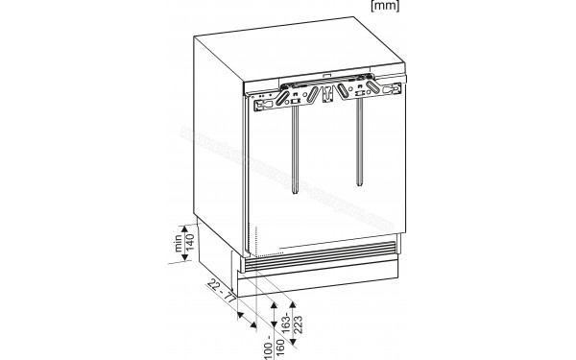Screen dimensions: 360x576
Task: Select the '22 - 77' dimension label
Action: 226,290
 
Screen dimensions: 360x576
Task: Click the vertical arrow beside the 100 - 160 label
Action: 272,324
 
